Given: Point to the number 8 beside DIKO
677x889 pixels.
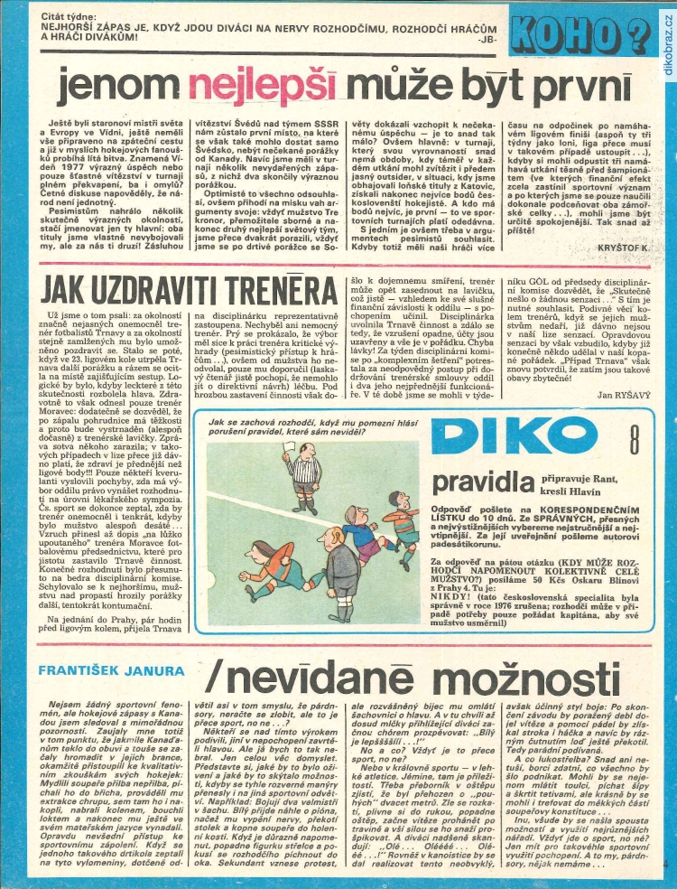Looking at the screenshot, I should [635, 443].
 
